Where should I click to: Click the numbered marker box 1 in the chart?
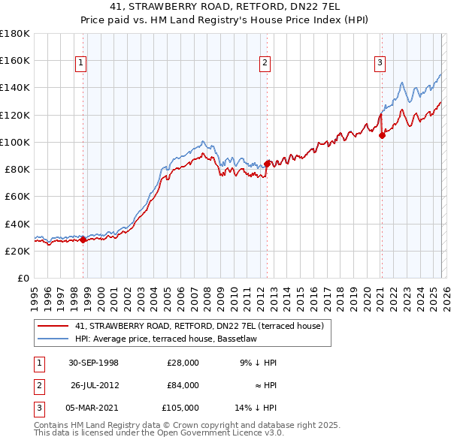pyautogui.click(x=80, y=64)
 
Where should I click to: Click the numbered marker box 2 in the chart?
pyautogui.click(x=265, y=64)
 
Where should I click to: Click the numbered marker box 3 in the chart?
pyautogui.click(x=380, y=64)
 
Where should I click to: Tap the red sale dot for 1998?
pyautogui.click(x=83, y=240)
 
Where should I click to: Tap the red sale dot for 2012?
pyautogui.click(x=268, y=163)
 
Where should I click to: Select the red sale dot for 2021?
pyautogui.click(x=382, y=135)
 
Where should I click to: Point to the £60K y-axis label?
pyautogui.click(x=17, y=197)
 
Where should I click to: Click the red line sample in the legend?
pyautogui.click(x=54, y=326)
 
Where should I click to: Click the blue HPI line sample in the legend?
pyautogui.click(x=54, y=339)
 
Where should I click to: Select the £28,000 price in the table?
pyautogui.click(x=183, y=363)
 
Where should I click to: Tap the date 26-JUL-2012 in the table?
pyautogui.click(x=95, y=385)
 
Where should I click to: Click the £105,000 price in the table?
pyautogui.click(x=180, y=408)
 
